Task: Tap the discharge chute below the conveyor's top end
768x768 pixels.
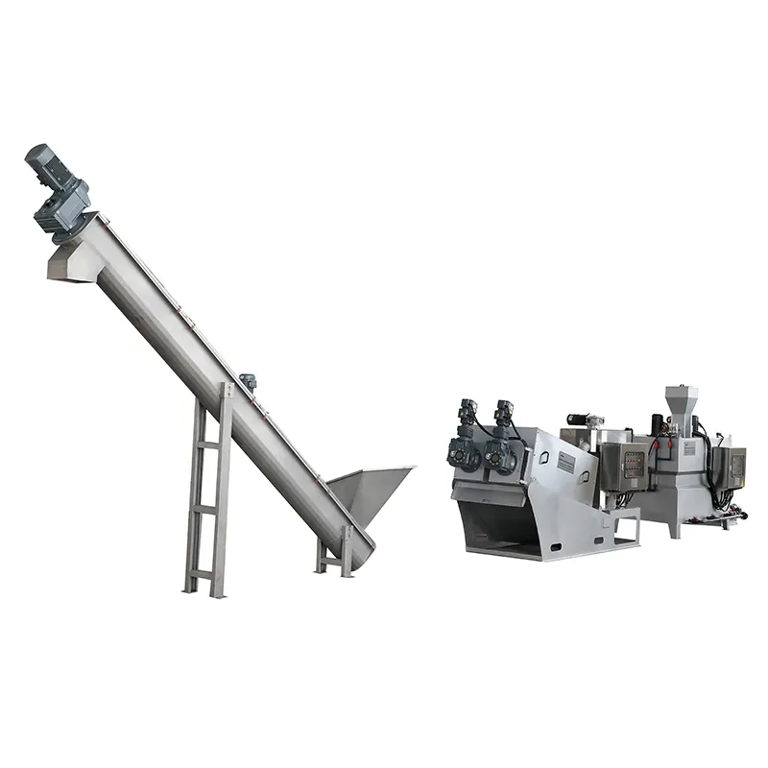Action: pyautogui.click(x=73, y=261)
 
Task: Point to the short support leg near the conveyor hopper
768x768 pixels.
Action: pyautogui.click(x=337, y=558)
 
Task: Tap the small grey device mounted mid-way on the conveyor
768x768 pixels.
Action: pyautogui.click(x=248, y=381)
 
